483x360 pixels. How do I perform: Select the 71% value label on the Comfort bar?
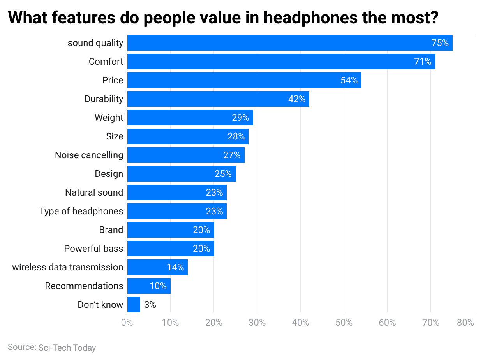[423, 62]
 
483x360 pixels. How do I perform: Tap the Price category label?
[113, 80]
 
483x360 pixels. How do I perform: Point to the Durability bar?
[218, 99]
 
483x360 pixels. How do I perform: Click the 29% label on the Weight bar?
[240, 118]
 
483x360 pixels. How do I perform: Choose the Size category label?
[115, 136]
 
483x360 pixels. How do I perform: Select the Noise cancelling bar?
[185, 155]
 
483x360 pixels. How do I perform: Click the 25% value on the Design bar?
[223, 174]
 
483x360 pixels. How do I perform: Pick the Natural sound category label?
[94, 192]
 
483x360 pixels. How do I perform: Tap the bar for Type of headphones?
[177, 211]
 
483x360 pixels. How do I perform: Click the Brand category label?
[111, 230]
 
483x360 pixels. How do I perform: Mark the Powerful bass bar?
[171, 249]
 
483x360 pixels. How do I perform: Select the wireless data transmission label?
[68, 267]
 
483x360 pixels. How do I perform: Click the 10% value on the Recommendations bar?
[158, 286]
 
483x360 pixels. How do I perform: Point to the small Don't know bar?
[134, 305]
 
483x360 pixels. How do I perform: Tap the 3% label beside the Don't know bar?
[150, 305]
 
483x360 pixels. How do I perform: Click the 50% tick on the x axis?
[344, 323]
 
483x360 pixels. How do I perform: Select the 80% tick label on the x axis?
[465, 323]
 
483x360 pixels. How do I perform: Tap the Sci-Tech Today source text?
[67, 348]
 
